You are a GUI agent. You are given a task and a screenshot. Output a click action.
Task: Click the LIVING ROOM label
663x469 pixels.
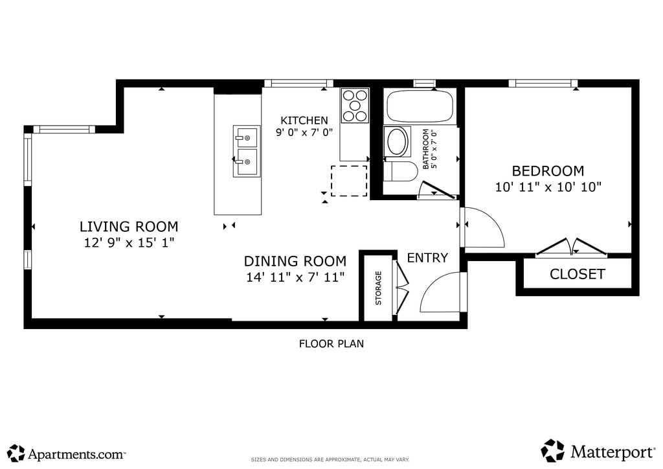tap(129, 227)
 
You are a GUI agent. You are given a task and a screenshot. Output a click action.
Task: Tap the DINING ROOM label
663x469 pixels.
tap(295, 261)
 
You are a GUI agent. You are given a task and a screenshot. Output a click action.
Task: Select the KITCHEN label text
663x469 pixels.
tap(304, 120)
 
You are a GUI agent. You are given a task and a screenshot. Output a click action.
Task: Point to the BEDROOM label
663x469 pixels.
tap(548, 171)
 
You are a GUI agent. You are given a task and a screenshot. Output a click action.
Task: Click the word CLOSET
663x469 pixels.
tap(577, 274)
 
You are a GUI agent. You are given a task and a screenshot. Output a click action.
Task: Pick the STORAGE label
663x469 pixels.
tap(378, 288)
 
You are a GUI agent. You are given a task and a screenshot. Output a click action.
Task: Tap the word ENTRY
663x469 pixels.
tap(427, 258)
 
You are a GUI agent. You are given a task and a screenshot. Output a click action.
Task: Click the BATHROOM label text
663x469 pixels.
tap(426, 149)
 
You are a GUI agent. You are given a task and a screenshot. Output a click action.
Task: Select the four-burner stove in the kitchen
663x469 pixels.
tap(355, 106)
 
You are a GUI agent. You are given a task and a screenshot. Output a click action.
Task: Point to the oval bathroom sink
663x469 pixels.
tap(398, 142)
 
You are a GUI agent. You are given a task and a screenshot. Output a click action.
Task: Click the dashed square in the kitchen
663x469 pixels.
tap(349, 181)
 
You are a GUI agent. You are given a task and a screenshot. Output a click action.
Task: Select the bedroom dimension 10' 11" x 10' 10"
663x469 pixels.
tap(548, 187)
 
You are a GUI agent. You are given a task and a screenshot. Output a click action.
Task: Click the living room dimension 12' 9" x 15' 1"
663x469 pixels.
tap(129, 243)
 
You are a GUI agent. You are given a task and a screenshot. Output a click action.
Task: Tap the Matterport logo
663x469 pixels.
tap(598, 451)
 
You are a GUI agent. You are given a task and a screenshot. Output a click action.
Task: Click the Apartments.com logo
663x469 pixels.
tap(67, 453)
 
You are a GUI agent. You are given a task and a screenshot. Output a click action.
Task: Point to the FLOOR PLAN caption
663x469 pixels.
tap(331, 344)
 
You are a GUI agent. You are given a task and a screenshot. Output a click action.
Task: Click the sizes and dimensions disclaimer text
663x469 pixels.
tap(330, 460)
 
